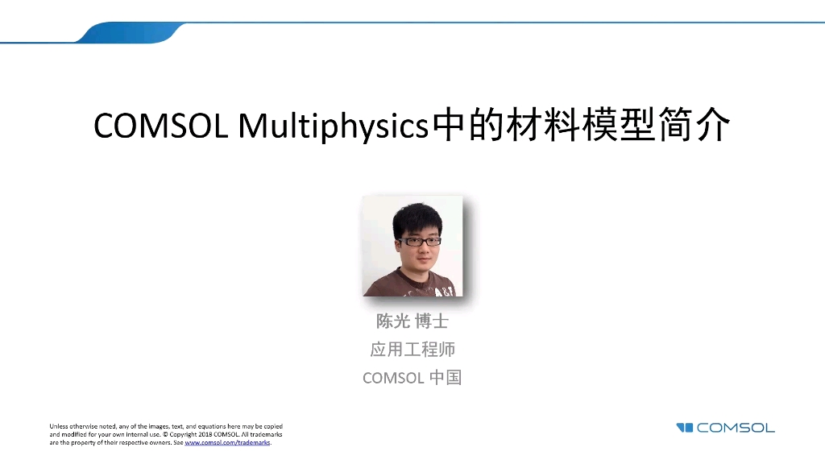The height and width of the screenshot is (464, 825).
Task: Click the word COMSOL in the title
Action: (x=161, y=126)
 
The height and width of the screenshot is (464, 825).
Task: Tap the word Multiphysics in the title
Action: (x=334, y=127)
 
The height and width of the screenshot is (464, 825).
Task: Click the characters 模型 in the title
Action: (x=618, y=125)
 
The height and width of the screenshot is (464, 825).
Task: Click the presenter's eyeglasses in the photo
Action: (x=419, y=242)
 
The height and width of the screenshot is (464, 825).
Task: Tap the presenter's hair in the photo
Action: (x=417, y=220)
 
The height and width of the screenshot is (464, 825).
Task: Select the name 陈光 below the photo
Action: (x=393, y=321)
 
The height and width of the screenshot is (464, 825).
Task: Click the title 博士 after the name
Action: (x=432, y=321)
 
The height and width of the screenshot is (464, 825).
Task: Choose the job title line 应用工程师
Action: (x=412, y=350)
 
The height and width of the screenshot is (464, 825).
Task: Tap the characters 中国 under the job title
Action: (x=446, y=377)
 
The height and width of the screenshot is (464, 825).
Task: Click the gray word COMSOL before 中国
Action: (x=393, y=379)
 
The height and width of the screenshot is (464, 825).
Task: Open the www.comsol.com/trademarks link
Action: (x=227, y=443)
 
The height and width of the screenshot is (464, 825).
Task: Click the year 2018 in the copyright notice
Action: (x=205, y=434)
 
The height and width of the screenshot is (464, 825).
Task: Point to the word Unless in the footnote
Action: (x=59, y=427)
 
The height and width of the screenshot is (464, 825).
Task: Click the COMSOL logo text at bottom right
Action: (x=736, y=428)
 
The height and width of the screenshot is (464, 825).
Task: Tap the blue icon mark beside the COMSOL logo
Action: (x=685, y=428)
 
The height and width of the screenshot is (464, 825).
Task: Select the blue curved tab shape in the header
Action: (x=130, y=32)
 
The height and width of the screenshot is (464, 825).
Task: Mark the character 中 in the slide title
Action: (x=448, y=125)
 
